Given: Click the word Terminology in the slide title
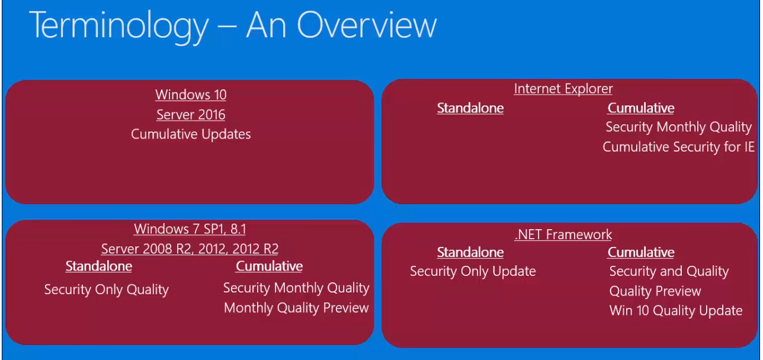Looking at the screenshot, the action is [119, 26].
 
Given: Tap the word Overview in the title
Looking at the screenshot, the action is [367, 24].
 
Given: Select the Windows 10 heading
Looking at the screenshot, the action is [191, 95].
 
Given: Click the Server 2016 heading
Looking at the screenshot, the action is [191, 114].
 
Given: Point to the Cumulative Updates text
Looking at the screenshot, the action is [191, 134].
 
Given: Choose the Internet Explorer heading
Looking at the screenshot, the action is [563, 89].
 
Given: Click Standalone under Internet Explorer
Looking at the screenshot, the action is [470, 108].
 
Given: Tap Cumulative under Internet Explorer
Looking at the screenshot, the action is [641, 108].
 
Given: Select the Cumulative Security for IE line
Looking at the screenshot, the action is [678, 147].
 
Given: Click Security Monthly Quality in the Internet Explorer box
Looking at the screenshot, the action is [678, 127].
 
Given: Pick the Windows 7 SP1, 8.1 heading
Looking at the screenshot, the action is [190, 229].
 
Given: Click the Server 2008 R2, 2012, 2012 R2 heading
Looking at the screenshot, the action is [190, 249].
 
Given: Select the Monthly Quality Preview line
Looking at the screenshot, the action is [296, 308].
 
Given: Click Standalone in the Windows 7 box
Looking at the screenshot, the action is [99, 266].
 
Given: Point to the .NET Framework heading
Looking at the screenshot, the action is [563, 234].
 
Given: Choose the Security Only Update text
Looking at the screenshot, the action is [473, 271].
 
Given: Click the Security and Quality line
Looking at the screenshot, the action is [669, 271].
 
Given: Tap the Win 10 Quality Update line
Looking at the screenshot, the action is [676, 311].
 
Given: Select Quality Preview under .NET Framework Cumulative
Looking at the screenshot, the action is [655, 291].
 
